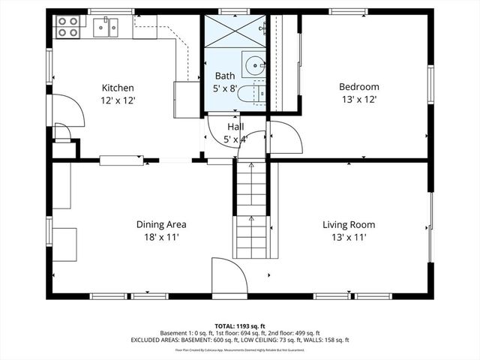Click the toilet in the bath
pos(256,92)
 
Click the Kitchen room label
pos(118,87)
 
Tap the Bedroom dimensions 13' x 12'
pos(358,99)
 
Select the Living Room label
pos(349,224)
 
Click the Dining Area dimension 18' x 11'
pos(161,237)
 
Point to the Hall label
pos(235,127)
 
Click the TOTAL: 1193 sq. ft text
pos(239,325)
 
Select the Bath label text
pos(225,76)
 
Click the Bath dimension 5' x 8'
pos(225,88)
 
